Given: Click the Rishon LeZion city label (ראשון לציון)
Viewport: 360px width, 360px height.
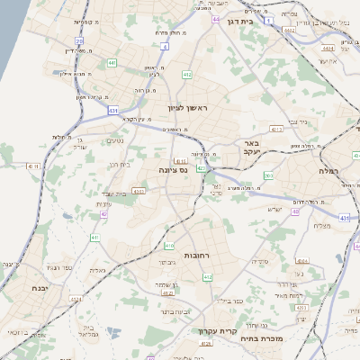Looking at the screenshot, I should [x=186, y=108].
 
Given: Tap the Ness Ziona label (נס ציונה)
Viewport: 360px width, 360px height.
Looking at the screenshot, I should [x=172, y=169].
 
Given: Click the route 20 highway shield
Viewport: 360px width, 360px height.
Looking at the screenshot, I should [x=79, y=40].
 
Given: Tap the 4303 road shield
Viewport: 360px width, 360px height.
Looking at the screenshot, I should [x=138, y=191].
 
